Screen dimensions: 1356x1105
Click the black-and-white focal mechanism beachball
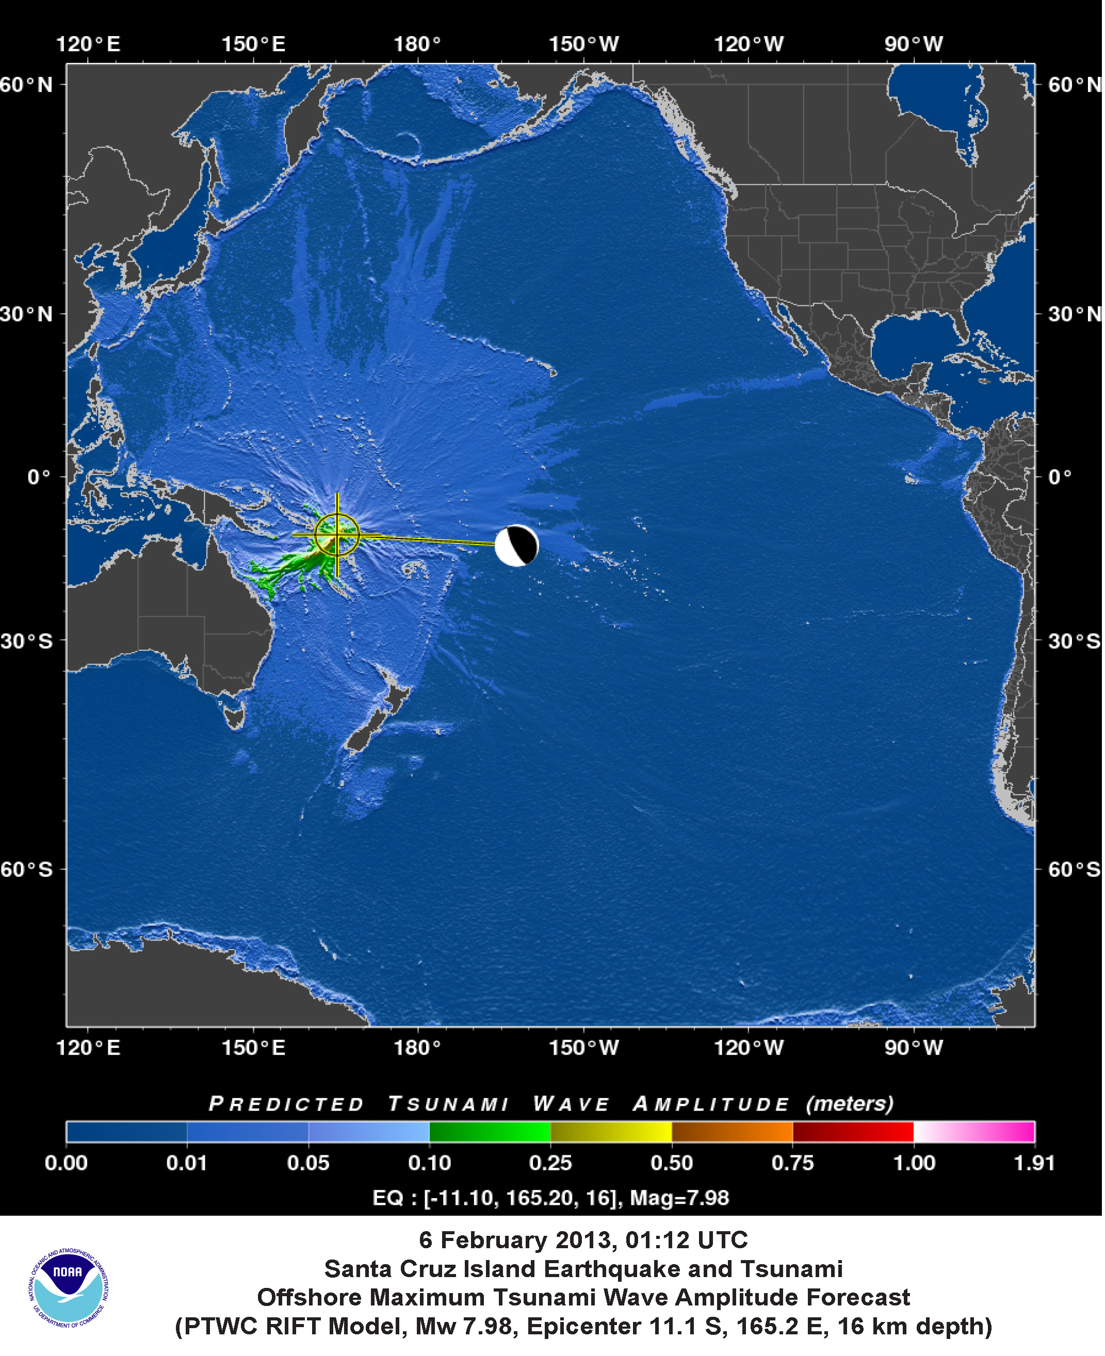516,545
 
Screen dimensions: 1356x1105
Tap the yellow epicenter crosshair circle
337,534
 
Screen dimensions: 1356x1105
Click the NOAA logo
68,1287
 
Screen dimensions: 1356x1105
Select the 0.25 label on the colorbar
550,1163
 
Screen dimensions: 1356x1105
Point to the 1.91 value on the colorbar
1034,1163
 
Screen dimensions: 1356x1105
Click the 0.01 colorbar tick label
187,1163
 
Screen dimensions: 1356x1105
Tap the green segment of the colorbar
490,1132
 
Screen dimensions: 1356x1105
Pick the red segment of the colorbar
853,1132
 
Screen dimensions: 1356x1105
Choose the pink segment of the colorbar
974,1132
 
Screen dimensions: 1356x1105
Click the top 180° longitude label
417,44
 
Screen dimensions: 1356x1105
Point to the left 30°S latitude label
27,640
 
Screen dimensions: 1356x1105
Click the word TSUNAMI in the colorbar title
448,1103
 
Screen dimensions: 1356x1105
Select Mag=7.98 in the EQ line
679,1198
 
